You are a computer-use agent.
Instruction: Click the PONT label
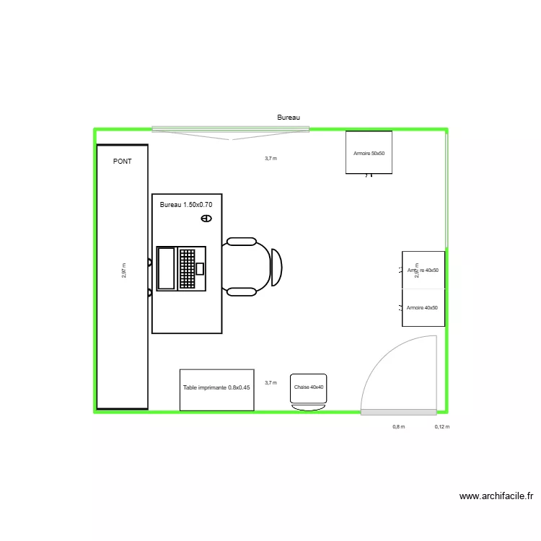[x=123, y=162]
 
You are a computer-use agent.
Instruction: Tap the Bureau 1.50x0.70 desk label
[x=186, y=205]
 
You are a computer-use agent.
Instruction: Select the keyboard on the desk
[x=188, y=268]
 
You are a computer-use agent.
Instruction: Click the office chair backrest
[x=276, y=267]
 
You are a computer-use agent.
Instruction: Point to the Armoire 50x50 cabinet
[x=369, y=152]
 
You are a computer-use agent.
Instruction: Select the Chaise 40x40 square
[x=309, y=388]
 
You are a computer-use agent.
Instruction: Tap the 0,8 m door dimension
[x=398, y=426]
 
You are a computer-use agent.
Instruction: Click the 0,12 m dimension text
[x=442, y=426]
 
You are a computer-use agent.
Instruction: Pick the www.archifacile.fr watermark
[x=496, y=496]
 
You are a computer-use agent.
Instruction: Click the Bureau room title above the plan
[x=289, y=117]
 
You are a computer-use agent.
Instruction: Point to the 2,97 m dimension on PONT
[x=124, y=270]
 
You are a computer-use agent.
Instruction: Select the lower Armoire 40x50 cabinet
[x=423, y=308]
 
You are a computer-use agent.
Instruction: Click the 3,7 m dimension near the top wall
[x=270, y=158]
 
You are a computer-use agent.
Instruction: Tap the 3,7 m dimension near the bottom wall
[x=270, y=383]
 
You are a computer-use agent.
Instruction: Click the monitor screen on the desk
[x=166, y=268]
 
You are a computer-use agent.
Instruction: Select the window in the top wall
[x=230, y=130]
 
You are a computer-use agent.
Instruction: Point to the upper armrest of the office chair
[x=240, y=242]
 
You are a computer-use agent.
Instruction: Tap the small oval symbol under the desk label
[x=206, y=218]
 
